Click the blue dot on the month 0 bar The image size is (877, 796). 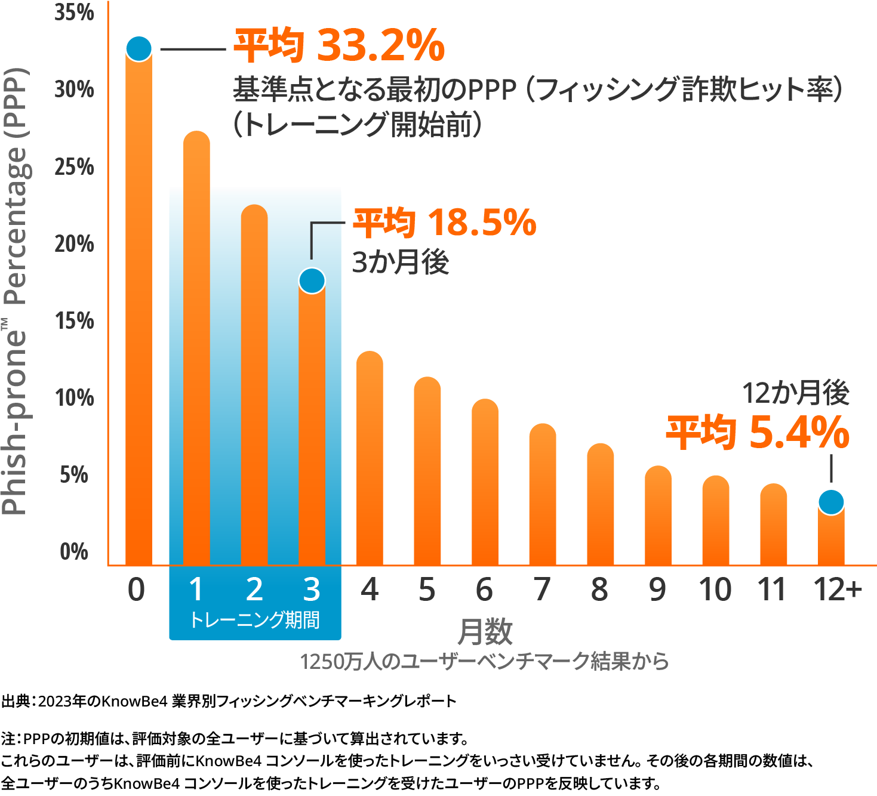coord(139,48)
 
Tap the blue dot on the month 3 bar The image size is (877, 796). coord(312,280)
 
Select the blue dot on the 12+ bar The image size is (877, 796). coord(831,502)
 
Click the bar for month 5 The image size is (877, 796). coord(427,471)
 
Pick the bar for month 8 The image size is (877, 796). coord(601,504)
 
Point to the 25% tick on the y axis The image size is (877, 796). coord(75,166)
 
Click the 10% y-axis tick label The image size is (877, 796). coord(75,397)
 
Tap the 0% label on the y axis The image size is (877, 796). coord(75,551)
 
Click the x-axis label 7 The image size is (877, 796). coord(542,590)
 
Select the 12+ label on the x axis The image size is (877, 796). coord(838,590)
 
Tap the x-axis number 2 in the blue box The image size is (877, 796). coord(254,590)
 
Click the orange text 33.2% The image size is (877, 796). coord(380,45)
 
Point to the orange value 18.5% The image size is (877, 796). coord(481,223)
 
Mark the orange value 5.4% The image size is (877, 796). coord(799,433)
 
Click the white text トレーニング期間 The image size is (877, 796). coord(255,620)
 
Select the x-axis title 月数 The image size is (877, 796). coord(485,632)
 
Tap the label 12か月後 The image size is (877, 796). coord(795,393)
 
